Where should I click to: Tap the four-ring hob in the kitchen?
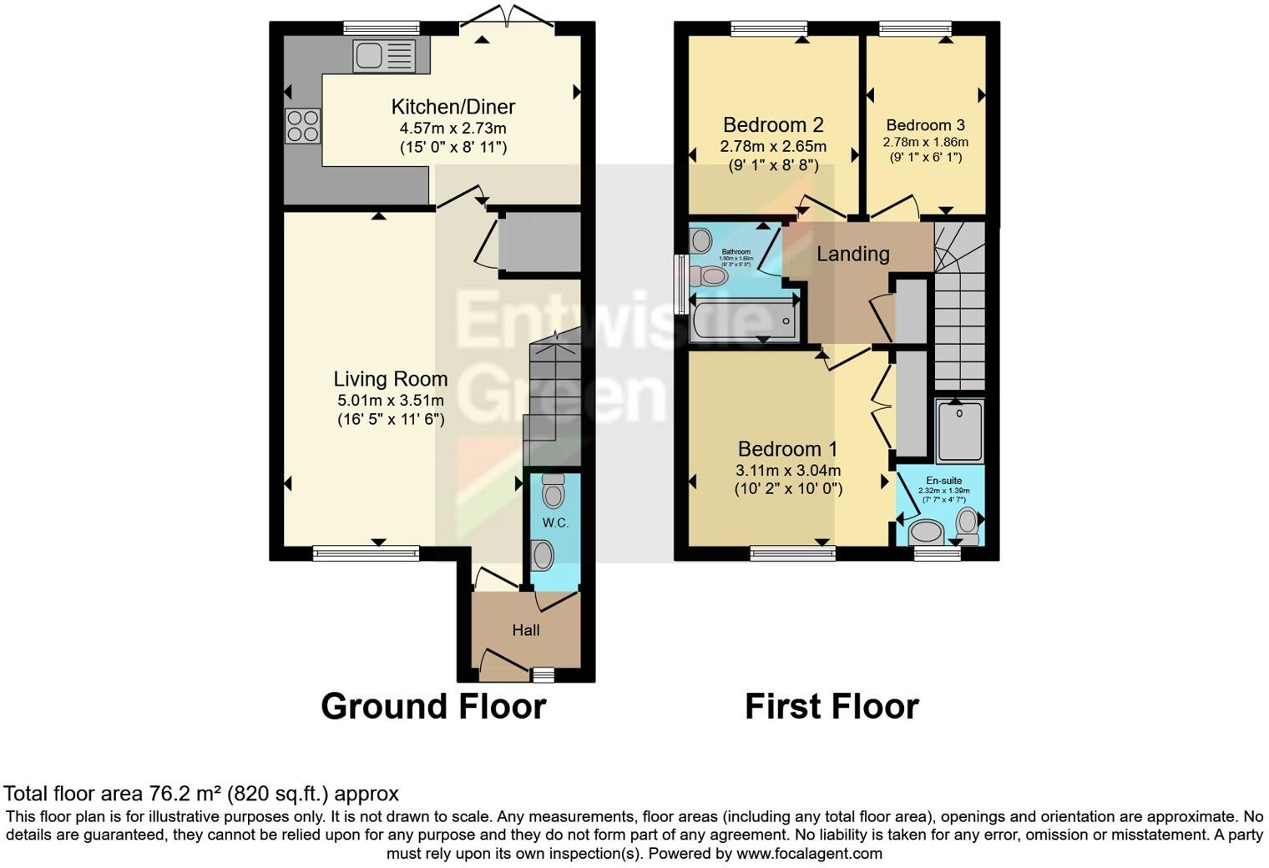302,125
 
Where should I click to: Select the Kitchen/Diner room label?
452,107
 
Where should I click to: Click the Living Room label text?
391,379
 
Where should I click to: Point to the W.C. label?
555,522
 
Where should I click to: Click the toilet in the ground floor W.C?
553,491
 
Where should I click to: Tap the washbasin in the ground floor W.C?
543,555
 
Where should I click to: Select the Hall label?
526,630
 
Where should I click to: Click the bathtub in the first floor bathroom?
743,320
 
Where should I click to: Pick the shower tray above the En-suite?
959,431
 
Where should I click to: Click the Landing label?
852,254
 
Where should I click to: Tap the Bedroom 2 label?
773,125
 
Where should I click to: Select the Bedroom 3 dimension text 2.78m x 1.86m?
925,142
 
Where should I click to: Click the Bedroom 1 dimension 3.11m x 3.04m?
787,471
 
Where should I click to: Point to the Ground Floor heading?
433,706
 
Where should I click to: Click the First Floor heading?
832,706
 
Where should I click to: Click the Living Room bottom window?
366,552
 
